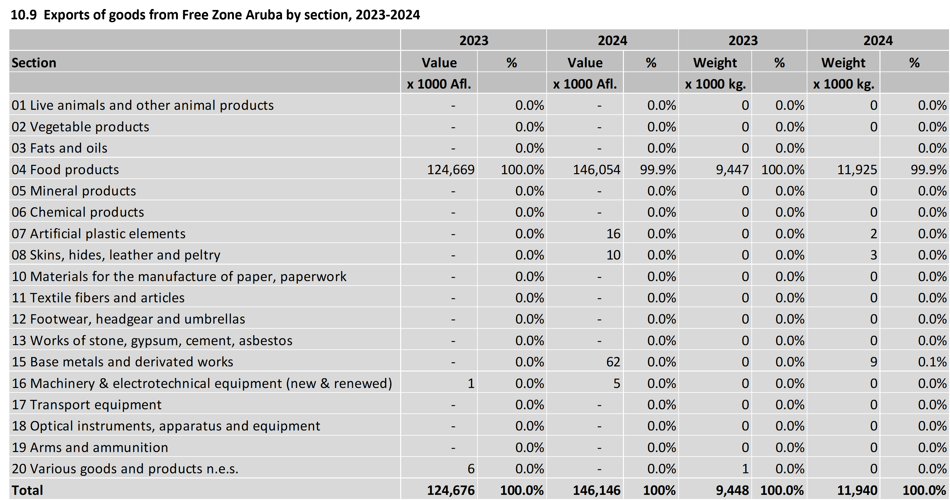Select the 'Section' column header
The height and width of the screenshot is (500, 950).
[x=34, y=63]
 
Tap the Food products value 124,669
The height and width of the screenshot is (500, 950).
[x=451, y=170]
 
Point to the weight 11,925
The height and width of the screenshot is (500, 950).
[x=857, y=170]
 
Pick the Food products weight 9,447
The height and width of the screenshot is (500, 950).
[x=732, y=170]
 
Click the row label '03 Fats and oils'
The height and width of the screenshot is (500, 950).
[x=59, y=148]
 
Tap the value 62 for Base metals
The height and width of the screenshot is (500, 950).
[x=613, y=362]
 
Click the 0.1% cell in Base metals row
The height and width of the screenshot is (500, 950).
[x=932, y=362]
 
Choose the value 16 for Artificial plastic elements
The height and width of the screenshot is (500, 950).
[x=613, y=234]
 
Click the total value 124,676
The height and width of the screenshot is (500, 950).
[x=451, y=490]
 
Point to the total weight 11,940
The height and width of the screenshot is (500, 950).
[x=857, y=490]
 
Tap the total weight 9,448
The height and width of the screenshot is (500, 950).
[x=732, y=490]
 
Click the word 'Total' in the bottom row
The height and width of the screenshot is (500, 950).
[x=27, y=490]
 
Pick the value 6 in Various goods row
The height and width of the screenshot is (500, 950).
[x=471, y=469]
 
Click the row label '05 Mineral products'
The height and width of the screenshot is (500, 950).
[x=74, y=191]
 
